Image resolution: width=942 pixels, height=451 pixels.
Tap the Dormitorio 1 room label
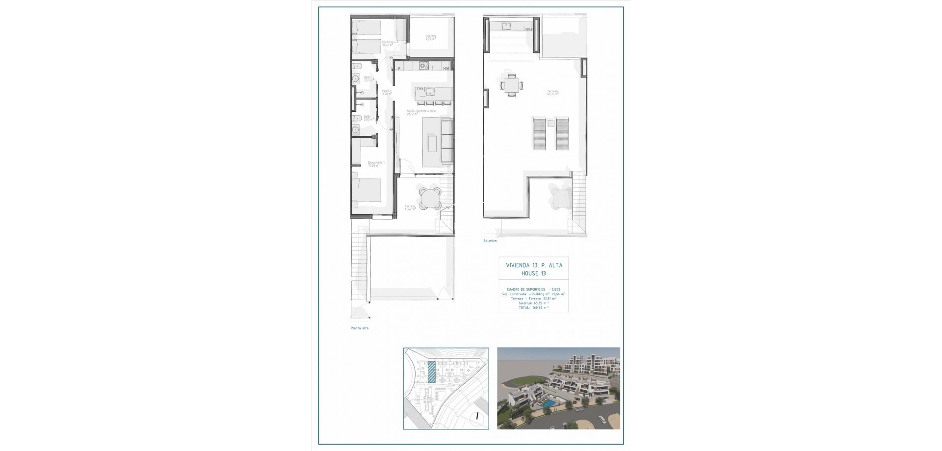coord(376,164)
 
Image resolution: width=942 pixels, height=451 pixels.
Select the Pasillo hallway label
coord(387,92)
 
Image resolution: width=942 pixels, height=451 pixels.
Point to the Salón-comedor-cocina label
coord(421,113)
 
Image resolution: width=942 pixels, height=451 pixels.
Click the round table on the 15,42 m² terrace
coord(430,198)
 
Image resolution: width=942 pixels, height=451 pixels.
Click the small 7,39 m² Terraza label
coord(431,37)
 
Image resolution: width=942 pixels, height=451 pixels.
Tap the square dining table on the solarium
coord(512,85)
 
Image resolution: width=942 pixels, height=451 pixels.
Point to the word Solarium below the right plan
coord(490,241)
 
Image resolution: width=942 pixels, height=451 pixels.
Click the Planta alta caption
coord(359,328)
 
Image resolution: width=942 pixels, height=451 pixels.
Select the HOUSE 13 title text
coord(534,274)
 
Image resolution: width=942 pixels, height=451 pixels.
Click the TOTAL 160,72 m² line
coord(533,308)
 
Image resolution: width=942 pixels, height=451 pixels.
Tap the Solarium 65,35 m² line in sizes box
coord(533,303)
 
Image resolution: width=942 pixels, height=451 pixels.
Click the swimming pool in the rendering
coord(550,402)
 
